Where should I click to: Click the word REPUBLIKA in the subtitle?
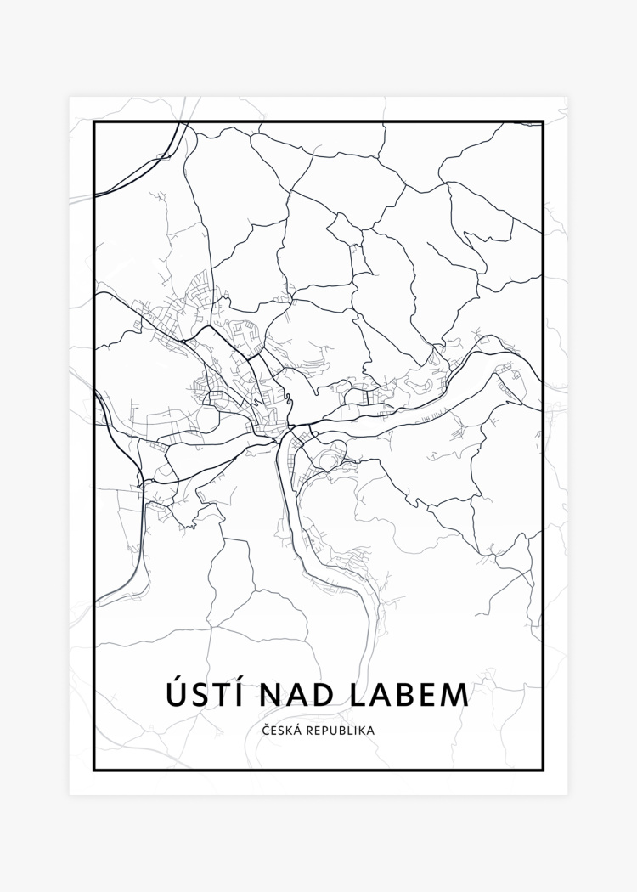click(x=344, y=730)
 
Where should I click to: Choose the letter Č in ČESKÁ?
click(x=267, y=730)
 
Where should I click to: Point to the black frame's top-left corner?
click(x=94, y=122)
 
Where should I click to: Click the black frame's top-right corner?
click(x=542, y=122)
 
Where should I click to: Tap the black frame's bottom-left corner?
click(x=94, y=770)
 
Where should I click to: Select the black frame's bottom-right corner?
click(x=542, y=770)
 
